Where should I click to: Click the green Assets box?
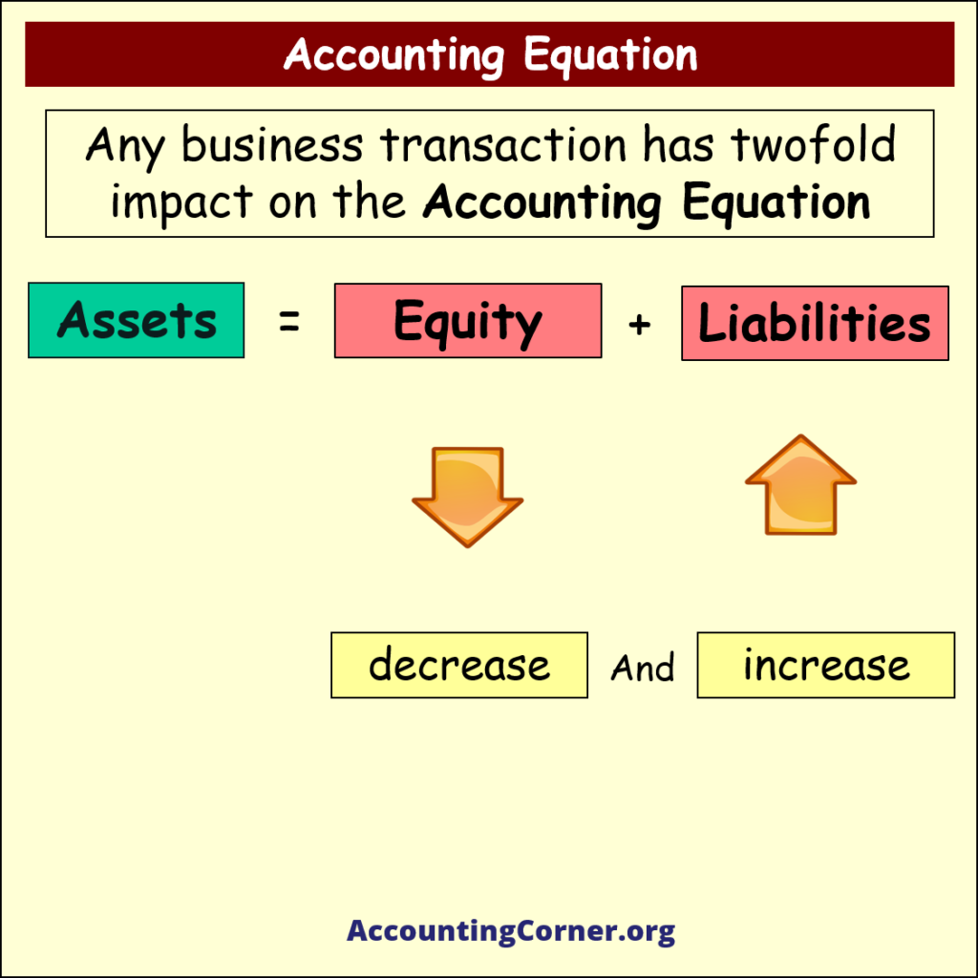[136, 320]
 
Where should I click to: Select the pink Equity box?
[468, 321]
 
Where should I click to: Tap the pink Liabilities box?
[815, 324]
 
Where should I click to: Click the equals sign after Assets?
[288, 323]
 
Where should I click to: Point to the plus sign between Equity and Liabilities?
[640, 325]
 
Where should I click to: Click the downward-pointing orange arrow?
[467, 496]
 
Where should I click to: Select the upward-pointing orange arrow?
[800, 484]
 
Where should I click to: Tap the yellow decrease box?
[459, 665]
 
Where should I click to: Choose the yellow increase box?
[826, 665]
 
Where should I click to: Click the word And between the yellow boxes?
[642, 668]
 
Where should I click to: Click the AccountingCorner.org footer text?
[511, 931]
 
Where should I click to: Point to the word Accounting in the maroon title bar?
[393, 54]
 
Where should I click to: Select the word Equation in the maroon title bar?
[611, 54]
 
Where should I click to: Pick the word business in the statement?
[272, 145]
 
